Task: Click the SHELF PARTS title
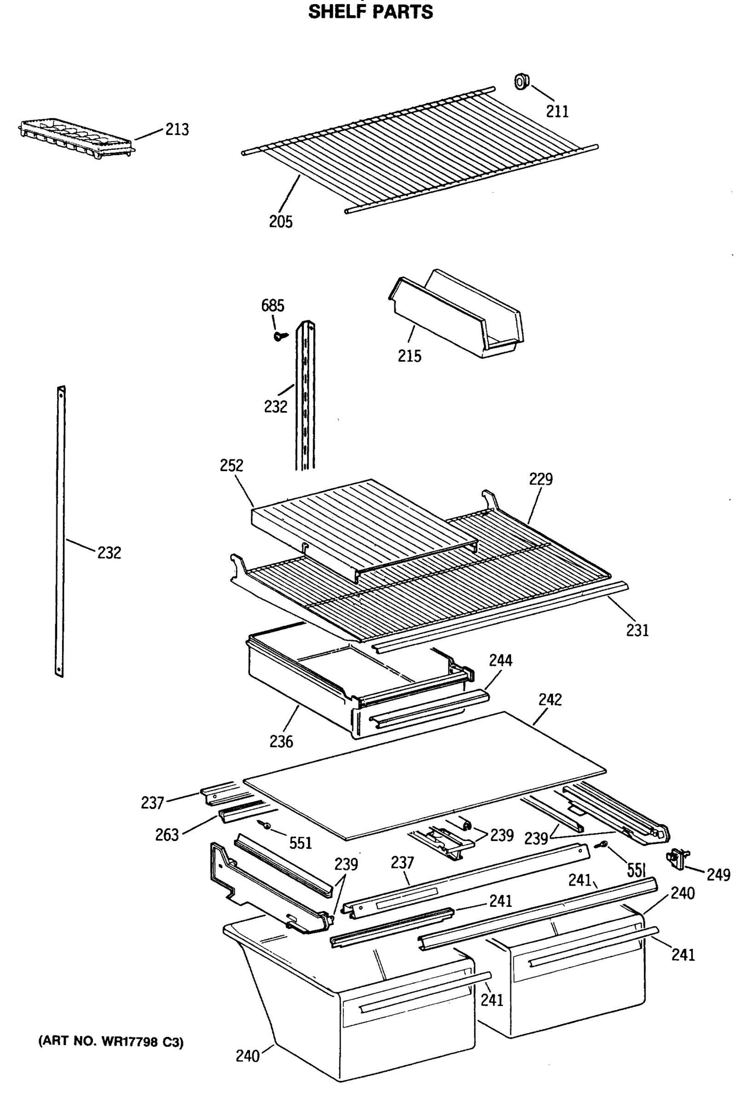[371, 12]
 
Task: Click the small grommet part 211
[521, 82]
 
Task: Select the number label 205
[280, 222]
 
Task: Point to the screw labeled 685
[280, 336]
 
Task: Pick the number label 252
[231, 465]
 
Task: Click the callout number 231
[637, 630]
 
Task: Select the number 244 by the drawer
[500, 660]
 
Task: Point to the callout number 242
[550, 699]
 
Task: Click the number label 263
[167, 835]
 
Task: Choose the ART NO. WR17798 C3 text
[111, 1042]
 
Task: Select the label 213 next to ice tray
[177, 129]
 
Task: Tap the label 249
[718, 874]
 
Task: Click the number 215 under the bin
[409, 355]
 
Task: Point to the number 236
[281, 741]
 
